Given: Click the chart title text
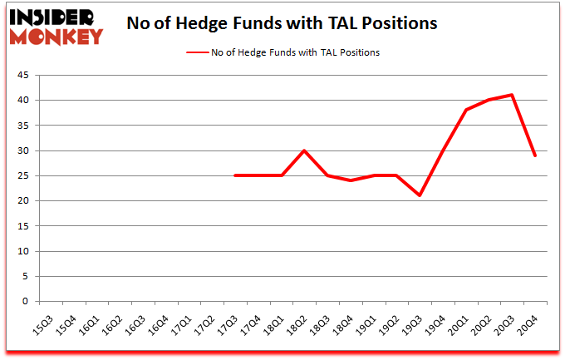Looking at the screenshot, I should point(282,23).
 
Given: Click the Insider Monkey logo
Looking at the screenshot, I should point(56,26).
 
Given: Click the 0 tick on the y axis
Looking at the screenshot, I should point(26,302).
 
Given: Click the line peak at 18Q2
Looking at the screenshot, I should point(305,150).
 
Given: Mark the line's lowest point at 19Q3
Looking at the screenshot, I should point(420,195).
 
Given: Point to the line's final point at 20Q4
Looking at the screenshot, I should point(536,155).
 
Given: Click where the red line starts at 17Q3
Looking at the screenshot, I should point(235,175).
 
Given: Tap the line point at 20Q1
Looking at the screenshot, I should point(467,110).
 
